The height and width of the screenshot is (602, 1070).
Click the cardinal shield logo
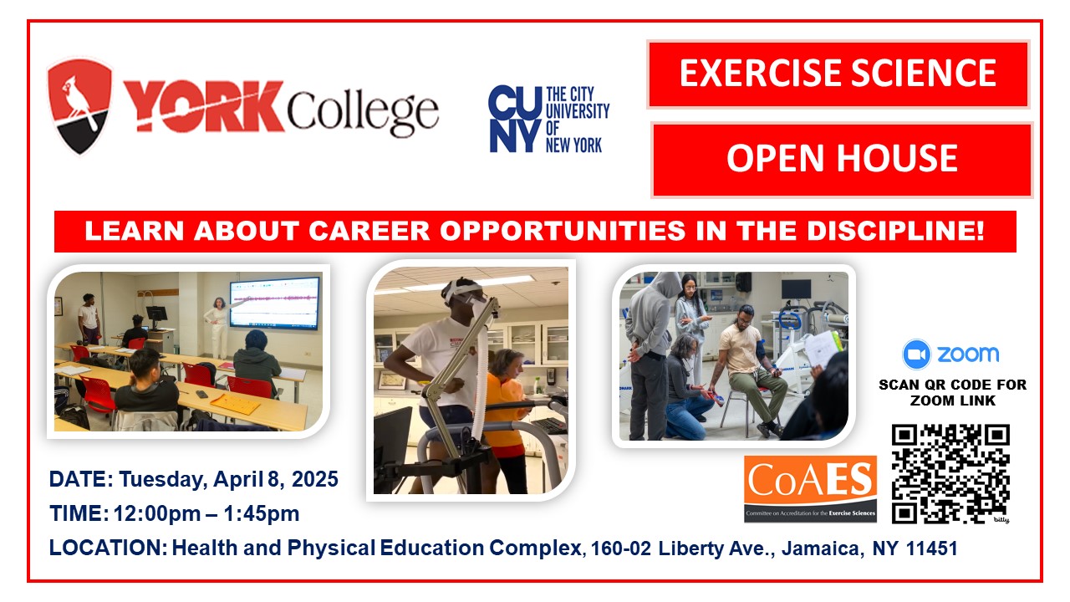(79, 106)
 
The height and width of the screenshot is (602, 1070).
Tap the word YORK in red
(204, 106)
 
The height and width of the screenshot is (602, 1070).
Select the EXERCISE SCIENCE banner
(838, 74)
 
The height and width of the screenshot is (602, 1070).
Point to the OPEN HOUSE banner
(842, 159)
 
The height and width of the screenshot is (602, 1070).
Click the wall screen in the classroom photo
(274, 304)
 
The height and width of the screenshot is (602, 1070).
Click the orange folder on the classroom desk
(236, 403)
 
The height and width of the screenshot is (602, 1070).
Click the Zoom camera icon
(916, 354)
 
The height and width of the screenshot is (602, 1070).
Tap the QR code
(950, 473)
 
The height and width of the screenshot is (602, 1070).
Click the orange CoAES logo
(811, 488)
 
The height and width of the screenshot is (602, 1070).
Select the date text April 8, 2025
(276, 479)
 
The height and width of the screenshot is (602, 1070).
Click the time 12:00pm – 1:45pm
(206, 513)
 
